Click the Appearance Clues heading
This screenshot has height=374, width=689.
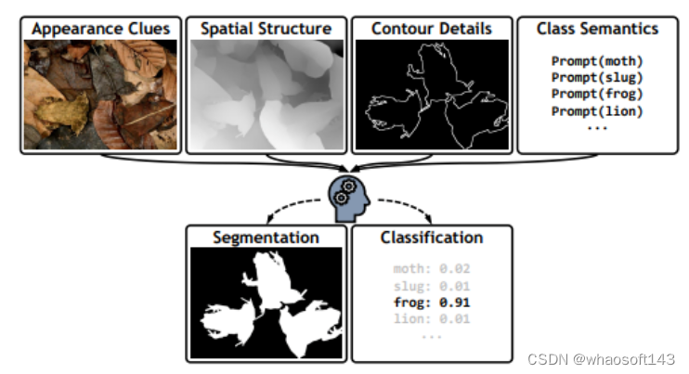click(x=101, y=29)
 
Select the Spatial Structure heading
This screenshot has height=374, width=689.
click(x=266, y=29)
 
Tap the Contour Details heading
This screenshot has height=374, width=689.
click(x=431, y=29)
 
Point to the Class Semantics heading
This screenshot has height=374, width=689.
click(x=597, y=29)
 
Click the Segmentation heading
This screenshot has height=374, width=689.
click(x=266, y=238)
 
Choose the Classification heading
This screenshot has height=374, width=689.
click(x=431, y=238)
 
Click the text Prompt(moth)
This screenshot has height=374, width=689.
click(x=597, y=62)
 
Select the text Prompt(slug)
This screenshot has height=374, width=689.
click(x=597, y=78)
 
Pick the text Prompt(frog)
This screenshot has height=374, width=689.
click(x=597, y=95)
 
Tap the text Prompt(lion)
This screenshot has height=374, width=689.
click(x=597, y=111)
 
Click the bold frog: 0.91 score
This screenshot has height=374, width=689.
click(x=431, y=303)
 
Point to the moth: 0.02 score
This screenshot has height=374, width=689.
click(x=431, y=269)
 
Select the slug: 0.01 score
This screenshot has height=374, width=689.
click(x=431, y=286)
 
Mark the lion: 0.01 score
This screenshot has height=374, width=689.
click(x=431, y=319)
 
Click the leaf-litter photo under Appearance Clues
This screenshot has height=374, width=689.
click(x=101, y=95)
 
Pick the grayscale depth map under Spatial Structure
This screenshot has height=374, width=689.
click(x=266, y=95)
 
